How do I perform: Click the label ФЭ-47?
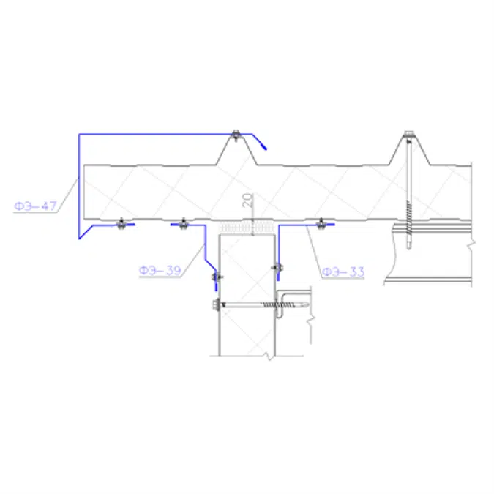click(x=34, y=206)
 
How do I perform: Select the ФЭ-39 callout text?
click(x=159, y=271)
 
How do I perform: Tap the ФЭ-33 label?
click(x=343, y=272)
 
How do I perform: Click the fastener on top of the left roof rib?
click(x=235, y=134)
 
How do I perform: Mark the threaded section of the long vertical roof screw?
click(x=407, y=213)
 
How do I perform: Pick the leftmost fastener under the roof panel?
click(x=121, y=222)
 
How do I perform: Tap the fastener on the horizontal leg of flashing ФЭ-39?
click(x=183, y=222)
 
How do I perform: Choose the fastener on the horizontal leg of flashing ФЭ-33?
click(x=320, y=222)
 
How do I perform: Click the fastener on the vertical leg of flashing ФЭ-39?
click(x=215, y=277)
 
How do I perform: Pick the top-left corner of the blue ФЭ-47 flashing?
click(x=79, y=135)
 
